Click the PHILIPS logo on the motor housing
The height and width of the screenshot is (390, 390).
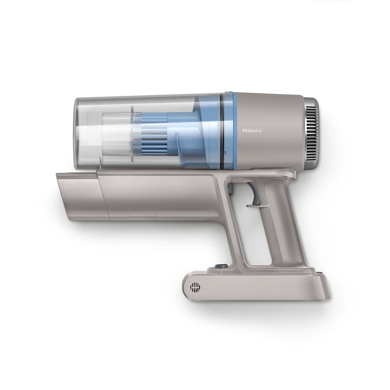click(x=252, y=131)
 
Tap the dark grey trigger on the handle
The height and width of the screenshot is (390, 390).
click(x=255, y=194)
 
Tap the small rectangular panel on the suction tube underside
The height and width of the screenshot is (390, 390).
click(x=142, y=214)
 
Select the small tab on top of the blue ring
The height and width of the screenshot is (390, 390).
click(x=228, y=93)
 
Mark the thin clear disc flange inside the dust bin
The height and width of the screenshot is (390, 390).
click(x=132, y=134)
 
